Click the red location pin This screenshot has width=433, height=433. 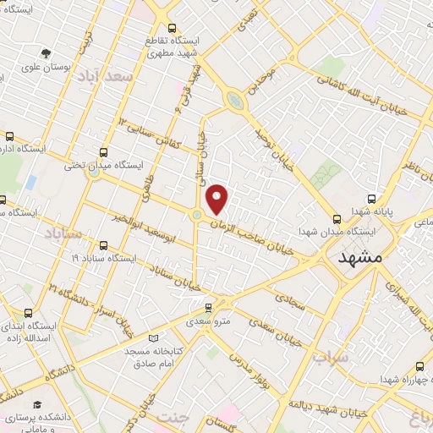coord(217,198)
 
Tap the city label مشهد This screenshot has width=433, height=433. coord(359,256)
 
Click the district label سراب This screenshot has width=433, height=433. coord(330,357)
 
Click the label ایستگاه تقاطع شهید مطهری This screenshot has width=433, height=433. coord(173,47)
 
